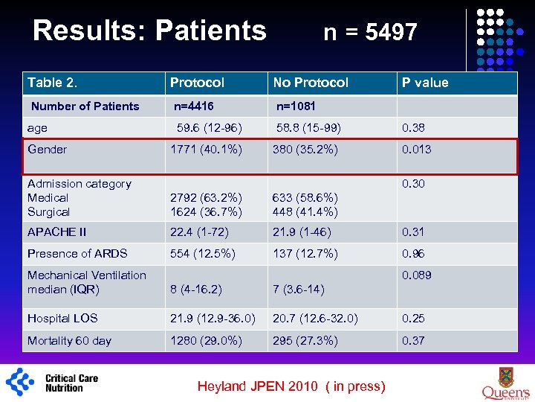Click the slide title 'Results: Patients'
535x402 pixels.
pos(149,31)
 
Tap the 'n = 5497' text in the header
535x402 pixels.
pos(370,32)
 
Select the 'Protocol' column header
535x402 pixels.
pos(197,83)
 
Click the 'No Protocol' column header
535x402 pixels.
pos(310,83)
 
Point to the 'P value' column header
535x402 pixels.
pos(425,83)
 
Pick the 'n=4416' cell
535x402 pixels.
pos(193,106)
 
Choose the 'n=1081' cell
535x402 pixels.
pos(296,106)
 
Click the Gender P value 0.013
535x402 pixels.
pos(416,149)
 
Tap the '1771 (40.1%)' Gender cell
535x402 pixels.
pos(206,149)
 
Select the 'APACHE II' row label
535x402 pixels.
pos(56,232)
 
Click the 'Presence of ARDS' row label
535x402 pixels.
pos(77,253)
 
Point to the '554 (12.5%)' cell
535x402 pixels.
pos(202,253)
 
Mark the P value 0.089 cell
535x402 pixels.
pos(416,275)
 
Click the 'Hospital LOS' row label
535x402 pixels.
pos(62,318)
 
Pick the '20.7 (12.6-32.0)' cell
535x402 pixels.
pos(315,318)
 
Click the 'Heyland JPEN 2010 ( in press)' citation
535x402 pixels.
pos(291,386)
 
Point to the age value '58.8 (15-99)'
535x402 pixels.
pos(308,128)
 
